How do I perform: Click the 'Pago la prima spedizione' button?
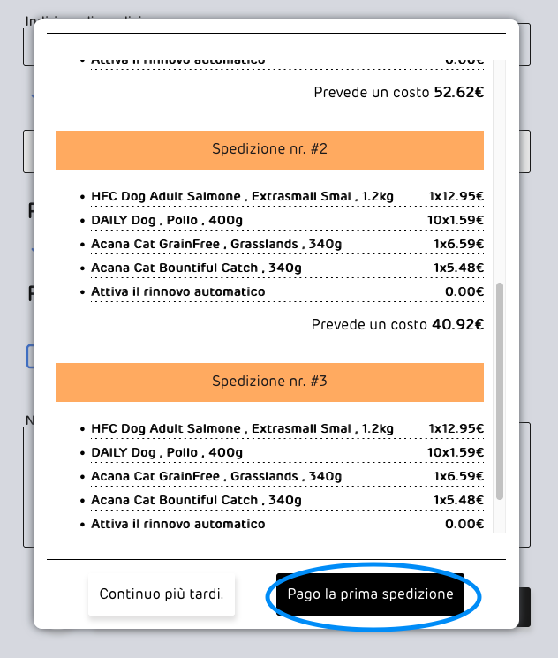(x=370, y=594)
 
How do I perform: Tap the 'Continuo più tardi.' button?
(x=162, y=594)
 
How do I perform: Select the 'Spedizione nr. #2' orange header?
(x=269, y=149)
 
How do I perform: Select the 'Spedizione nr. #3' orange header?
(x=269, y=382)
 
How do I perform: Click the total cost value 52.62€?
(x=458, y=92)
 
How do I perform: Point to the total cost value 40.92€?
(x=456, y=325)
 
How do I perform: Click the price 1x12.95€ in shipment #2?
(x=456, y=196)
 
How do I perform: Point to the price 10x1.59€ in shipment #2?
(x=455, y=220)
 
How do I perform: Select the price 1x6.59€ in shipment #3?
(x=458, y=476)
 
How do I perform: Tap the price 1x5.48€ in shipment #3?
(x=458, y=500)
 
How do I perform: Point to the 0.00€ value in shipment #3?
(x=464, y=524)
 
